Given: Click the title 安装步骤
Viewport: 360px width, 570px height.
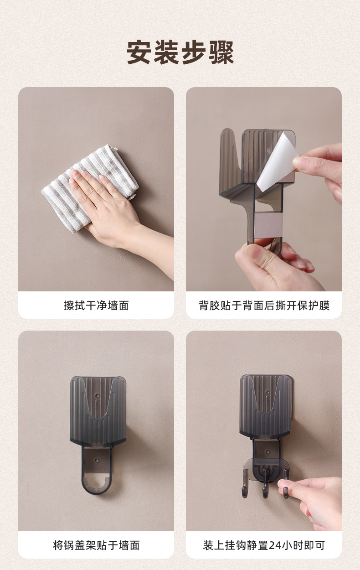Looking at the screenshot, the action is (x=180, y=52).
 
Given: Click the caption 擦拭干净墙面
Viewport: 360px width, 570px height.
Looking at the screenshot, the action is (x=96, y=306).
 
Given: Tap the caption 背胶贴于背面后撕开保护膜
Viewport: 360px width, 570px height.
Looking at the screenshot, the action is (x=264, y=306).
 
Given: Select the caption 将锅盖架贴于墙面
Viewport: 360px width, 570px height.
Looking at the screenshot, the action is (x=96, y=545).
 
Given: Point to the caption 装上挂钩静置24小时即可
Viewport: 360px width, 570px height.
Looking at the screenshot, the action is (x=264, y=545).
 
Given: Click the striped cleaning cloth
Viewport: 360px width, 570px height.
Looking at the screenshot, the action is (x=89, y=188).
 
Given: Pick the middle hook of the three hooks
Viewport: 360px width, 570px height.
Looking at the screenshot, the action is (x=265, y=483).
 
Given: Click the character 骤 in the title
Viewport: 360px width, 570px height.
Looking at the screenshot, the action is (x=221, y=52).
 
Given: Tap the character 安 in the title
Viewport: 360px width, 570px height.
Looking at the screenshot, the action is (x=139, y=52).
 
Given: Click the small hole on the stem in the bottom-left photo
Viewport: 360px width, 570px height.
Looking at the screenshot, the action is (x=96, y=460).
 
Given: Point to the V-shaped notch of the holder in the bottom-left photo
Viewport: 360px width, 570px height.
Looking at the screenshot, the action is (x=98, y=404).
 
